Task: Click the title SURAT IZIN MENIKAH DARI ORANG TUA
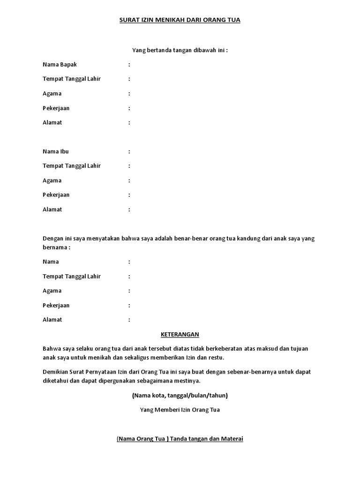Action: [x=180, y=20]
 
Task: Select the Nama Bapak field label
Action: [x=59, y=64]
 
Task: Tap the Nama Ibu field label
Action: [x=55, y=151]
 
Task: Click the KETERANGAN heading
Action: [x=180, y=334]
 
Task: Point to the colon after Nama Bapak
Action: [x=129, y=64]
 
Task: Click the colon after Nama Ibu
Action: [x=129, y=151]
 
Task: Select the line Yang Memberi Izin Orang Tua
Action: [x=180, y=410]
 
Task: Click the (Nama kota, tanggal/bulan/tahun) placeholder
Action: [x=180, y=395]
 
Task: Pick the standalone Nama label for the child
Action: [x=51, y=262]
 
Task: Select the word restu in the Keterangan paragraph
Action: [x=216, y=358]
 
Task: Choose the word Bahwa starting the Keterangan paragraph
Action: [x=51, y=349]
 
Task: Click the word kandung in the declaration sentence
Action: [x=248, y=239]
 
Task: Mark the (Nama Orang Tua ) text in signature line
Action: [x=142, y=439]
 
